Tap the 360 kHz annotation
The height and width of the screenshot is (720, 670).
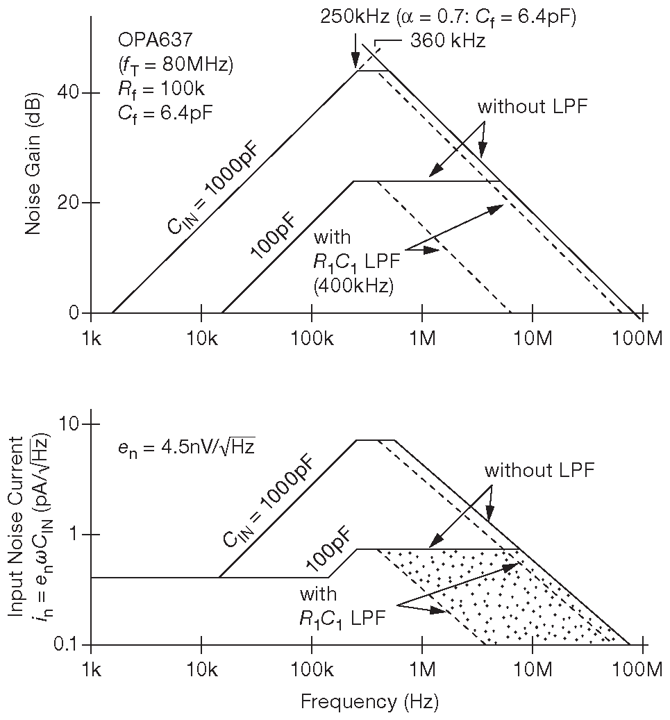click(x=447, y=40)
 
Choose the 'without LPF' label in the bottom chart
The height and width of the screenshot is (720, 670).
click(x=539, y=469)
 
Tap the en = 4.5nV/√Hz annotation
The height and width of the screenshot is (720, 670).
click(x=186, y=447)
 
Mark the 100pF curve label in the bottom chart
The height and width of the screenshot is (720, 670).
click(x=328, y=546)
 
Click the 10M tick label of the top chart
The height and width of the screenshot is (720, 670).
click(x=532, y=338)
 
